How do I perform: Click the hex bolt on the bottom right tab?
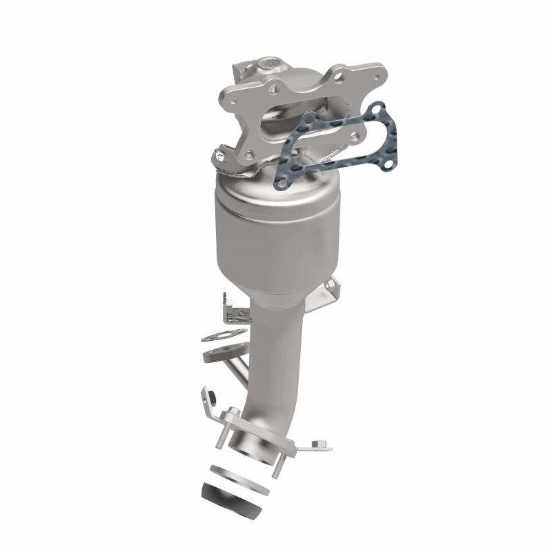[317, 444]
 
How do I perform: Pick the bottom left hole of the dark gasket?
[282, 181]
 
